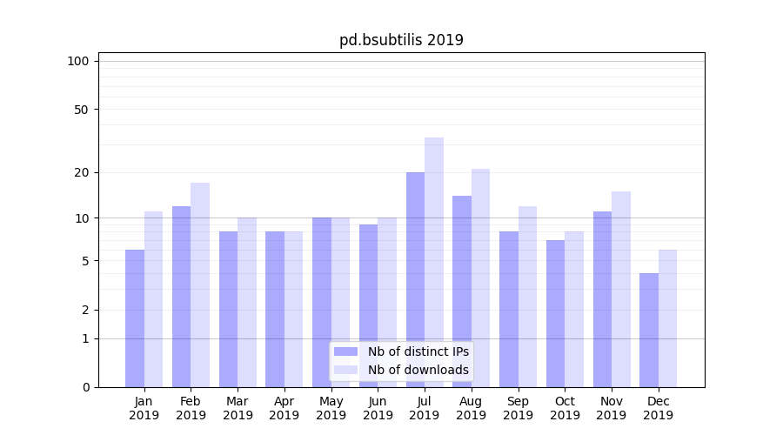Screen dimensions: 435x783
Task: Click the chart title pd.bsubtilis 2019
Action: [401, 40]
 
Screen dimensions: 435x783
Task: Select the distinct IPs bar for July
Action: [415, 278]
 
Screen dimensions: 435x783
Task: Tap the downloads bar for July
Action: [434, 261]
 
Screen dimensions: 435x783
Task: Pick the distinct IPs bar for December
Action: [649, 331]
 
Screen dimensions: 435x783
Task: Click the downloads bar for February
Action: [200, 284]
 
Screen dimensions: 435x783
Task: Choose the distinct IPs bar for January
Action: [135, 318]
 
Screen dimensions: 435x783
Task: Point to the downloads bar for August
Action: [480, 278]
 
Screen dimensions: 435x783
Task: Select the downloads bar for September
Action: [527, 296]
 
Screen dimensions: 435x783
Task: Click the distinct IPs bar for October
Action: [555, 313]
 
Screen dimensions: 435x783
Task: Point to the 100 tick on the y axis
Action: [78, 61]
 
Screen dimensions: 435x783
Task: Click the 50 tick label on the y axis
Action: [81, 110]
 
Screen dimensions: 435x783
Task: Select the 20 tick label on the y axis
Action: [81, 172]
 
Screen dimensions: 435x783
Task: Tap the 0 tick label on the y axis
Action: [85, 387]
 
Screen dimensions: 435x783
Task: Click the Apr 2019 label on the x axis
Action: [284, 408]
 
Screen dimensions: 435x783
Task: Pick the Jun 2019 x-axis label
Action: [378, 408]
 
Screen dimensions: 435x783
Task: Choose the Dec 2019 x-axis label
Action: [659, 408]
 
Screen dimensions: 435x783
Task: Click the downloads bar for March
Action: [247, 302]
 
